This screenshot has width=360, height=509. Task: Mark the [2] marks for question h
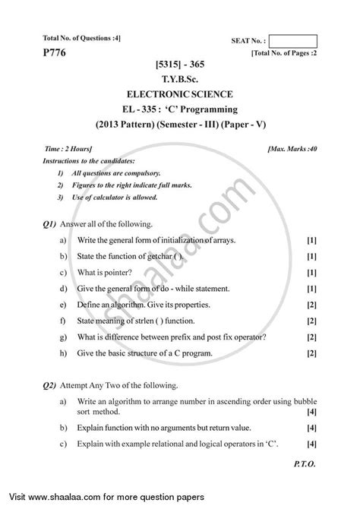[x=311, y=354]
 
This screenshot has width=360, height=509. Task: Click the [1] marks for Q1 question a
[x=311, y=240]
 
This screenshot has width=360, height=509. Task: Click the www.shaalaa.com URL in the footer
[x=82, y=499]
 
